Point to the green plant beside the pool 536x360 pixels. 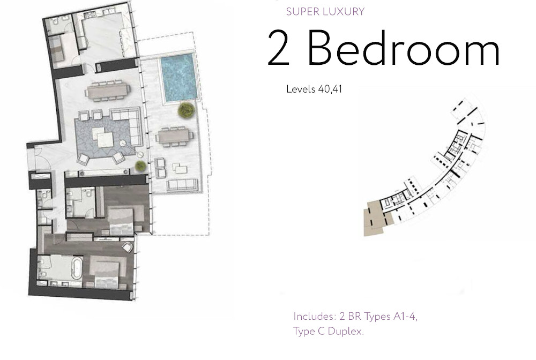[x=185, y=110]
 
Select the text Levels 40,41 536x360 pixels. [x=314, y=89]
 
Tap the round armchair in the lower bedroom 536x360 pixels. [x=128, y=247]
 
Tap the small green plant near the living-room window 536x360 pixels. [x=140, y=165]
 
